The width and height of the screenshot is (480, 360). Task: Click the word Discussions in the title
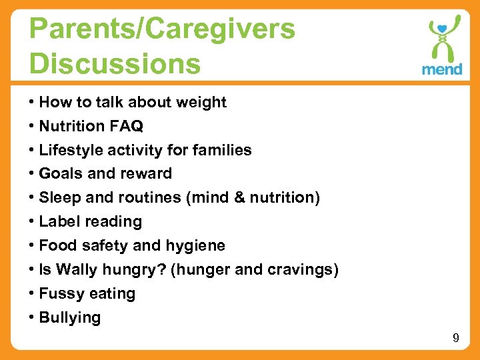(115, 63)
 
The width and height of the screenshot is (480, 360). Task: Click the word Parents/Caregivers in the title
(162, 29)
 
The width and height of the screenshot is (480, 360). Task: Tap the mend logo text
(442, 69)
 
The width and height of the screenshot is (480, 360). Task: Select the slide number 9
(456, 338)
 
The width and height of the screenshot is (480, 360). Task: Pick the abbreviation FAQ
(126, 126)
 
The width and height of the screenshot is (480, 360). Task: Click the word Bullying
(70, 317)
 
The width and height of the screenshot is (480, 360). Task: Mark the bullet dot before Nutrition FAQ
(32, 126)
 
